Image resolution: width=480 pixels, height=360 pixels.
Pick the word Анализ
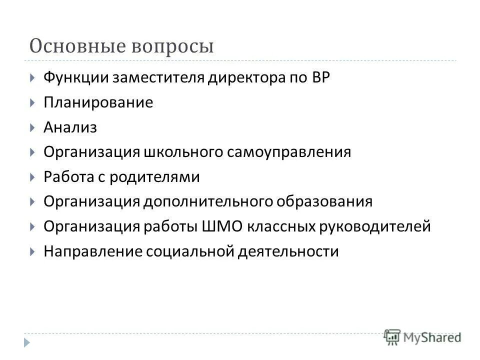[x=70, y=127]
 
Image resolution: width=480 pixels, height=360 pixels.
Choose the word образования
[x=322, y=202]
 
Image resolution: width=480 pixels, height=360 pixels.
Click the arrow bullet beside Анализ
[x=32, y=127]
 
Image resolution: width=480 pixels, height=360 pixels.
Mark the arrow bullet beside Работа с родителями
[x=32, y=177]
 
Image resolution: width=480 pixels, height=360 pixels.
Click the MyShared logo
[x=422, y=336]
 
